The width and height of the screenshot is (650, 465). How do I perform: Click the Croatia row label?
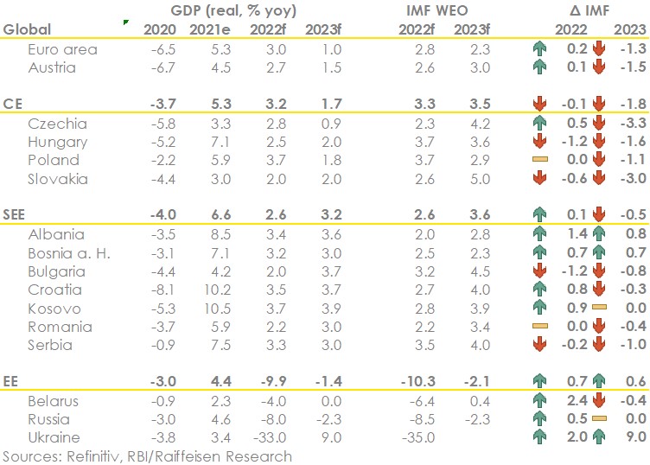coord(53,290)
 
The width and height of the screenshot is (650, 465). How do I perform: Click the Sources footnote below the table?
coord(147,455)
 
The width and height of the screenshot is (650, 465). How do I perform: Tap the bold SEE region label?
coord(16,215)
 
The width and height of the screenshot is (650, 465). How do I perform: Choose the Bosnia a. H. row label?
coord(68,253)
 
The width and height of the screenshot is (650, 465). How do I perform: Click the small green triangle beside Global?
coord(126,21)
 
